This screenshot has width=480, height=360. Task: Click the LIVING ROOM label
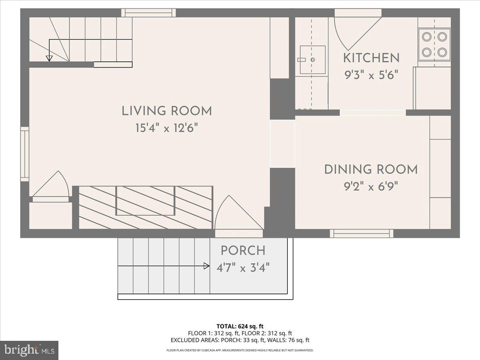[x=167, y=111]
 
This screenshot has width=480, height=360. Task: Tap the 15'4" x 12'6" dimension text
[x=167, y=128]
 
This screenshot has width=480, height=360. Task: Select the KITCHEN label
[x=371, y=58]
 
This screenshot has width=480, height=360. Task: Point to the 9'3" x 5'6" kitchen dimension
[x=371, y=75]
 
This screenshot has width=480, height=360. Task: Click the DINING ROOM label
[x=371, y=169]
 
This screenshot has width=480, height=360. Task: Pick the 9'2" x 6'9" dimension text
[x=371, y=186]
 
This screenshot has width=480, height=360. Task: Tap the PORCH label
[x=243, y=251]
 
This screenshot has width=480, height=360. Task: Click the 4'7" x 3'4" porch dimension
[x=243, y=268]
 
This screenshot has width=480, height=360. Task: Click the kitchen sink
[x=312, y=60]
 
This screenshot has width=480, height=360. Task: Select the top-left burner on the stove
[x=427, y=37]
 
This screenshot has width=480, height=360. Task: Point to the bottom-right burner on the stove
[x=442, y=52]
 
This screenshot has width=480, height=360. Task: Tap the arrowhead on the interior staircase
[x=49, y=58]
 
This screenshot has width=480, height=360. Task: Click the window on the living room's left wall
[x=25, y=154]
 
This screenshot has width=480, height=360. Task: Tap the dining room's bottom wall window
[x=361, y=233]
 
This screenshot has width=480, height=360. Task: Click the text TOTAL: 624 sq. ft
[x=240, y=326]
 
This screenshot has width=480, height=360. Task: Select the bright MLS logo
[x=29, y=350]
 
